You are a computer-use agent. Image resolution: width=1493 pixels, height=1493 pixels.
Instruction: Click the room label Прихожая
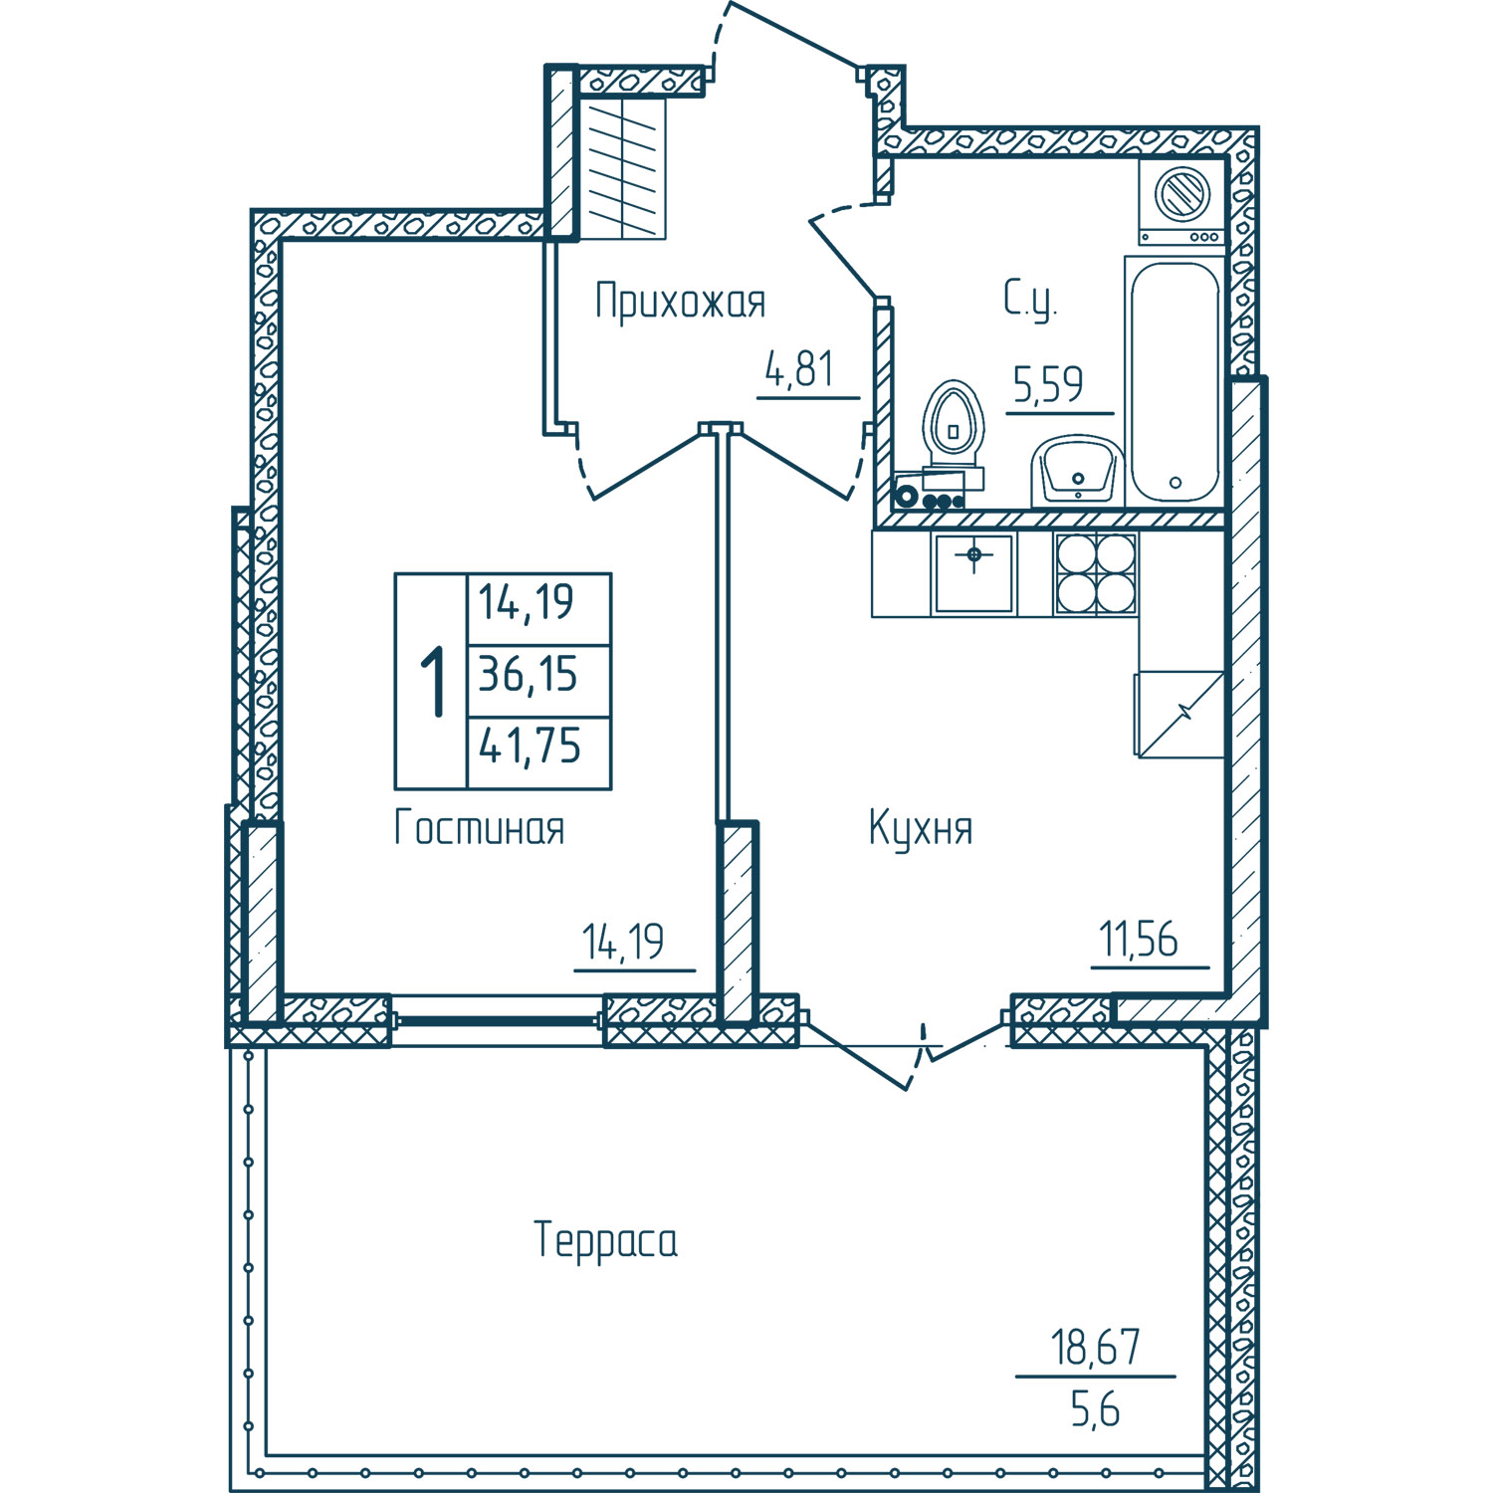(681, 301)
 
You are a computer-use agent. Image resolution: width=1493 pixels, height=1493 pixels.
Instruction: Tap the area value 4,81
(799, 369)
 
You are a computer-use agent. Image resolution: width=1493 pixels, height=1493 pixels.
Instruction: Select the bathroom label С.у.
(1030, 300)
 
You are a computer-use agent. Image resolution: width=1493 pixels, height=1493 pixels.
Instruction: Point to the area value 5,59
(1048, 384)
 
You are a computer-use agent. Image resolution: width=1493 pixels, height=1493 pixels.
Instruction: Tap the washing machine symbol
(1182, 201)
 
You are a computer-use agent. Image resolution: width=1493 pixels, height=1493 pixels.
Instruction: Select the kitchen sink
(973, 573)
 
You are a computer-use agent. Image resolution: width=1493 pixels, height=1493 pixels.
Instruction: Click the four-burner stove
(1096, 573)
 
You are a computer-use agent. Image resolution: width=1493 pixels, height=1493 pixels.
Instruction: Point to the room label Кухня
(921, 828)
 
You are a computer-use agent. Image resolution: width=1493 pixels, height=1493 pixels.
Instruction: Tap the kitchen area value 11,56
(1139, 939)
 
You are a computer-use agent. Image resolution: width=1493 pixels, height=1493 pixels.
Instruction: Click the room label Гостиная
(480, 828)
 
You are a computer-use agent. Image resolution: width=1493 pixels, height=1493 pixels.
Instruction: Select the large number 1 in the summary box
(432, 681)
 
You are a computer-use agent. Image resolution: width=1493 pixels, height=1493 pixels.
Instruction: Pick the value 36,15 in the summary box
(529, 675)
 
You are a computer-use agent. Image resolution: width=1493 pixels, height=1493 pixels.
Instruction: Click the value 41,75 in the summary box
(530, 746)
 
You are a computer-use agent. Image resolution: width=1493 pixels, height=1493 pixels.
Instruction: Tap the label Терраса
(606, 1241)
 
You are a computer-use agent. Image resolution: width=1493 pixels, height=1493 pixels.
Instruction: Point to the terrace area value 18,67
(1096, 1348)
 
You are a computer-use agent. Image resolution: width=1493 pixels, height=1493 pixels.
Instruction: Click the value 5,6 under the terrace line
(1096, 1409)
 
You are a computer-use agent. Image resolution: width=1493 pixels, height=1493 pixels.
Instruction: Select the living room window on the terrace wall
(498, 1020)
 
